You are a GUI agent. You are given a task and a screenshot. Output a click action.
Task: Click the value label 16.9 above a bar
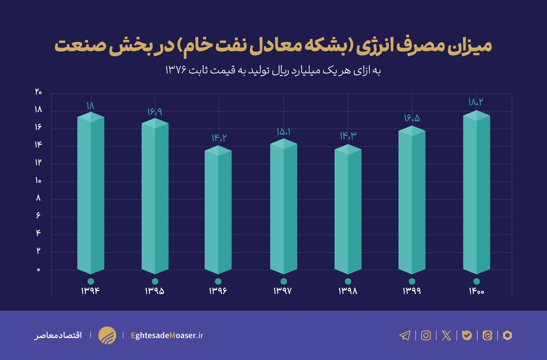pos(155,112)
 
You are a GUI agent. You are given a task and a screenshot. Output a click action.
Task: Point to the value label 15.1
pos(283,132)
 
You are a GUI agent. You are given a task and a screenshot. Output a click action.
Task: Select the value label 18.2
pos(475,102)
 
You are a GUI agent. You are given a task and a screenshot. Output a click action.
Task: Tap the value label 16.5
pos(412,118)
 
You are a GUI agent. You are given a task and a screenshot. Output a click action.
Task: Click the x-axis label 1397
pos(282,291)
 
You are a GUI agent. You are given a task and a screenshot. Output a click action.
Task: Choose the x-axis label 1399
pos(412,291)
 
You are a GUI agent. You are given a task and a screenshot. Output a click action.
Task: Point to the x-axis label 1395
pos(155,291)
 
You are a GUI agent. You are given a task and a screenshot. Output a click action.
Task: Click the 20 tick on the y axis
pos(38,92)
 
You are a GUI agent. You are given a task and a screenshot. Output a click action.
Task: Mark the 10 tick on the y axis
pos(38,181)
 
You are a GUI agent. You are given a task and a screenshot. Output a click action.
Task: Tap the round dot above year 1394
pos(91,281)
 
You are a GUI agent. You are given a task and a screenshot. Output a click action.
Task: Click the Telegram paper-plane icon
pos(405,335)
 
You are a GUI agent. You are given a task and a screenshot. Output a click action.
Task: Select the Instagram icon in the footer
pos(426,335)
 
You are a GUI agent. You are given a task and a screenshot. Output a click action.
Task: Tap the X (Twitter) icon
pos(446,335)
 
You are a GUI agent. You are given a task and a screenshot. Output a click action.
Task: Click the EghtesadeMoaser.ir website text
pos(167,335)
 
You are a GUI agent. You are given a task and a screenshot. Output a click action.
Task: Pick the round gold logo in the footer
pos(107,335)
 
